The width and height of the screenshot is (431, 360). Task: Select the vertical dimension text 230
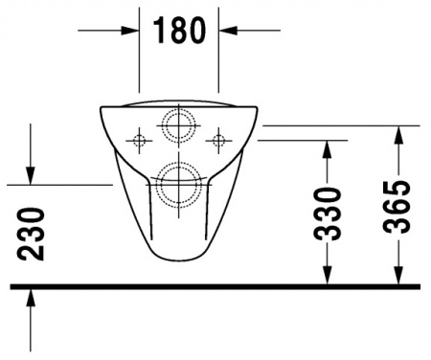pyautogui.click(x=32, y=234)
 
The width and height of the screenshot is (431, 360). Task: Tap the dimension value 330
pyautogui.click(x=328, y=213)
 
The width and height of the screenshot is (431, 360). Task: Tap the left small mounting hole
pyautogui.click(x=140, y=142)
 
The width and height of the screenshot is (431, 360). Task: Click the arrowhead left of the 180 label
pyautogui.click(x=130, y=30)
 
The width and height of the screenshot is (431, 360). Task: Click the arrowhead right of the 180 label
pyautogui.click(x=228, y=30)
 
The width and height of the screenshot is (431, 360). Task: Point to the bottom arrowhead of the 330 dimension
pyautogui.click(x=328, y=275)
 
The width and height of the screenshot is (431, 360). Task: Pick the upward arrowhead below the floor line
pyautogui.click(x=32, y=298)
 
